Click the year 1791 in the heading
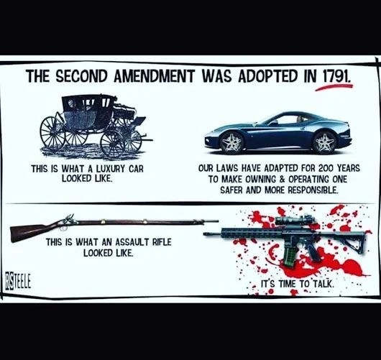tap(337, 76)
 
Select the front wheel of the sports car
tap(231, 142)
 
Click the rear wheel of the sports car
tap(324, 142)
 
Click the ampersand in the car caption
tap(282, 179)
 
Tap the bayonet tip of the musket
tap(218, 221)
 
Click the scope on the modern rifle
tap(295, 220)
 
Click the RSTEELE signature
tap(18, 282)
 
